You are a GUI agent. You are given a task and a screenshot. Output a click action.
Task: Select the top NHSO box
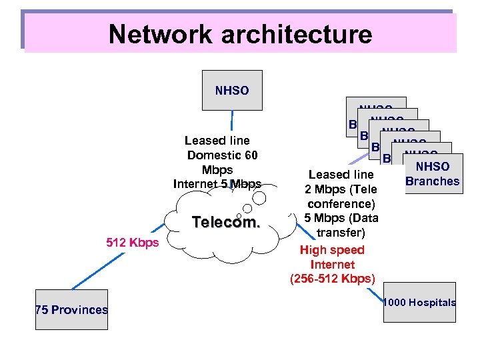(x=232, y=90)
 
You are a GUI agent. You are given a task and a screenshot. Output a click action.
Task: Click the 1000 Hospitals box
(x=419, y=303)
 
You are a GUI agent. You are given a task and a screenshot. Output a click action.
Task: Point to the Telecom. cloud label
(x=226, y=223)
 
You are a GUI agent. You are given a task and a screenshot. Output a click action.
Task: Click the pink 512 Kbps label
(x=133, y=242)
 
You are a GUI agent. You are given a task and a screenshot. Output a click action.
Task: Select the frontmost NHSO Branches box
(x=432, y=174)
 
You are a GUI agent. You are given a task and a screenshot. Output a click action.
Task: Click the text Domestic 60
(x=222, y=155)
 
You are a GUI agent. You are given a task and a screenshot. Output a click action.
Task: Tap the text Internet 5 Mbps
(x=217, y=184)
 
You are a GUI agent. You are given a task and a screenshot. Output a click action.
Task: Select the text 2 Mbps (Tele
(x=341, y=189)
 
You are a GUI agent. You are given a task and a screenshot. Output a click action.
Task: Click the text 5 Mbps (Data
(x=341, y=218)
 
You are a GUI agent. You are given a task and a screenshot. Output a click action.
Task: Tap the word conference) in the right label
(x=341, y=203)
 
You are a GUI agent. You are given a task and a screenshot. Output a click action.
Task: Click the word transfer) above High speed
(x=341, y=233)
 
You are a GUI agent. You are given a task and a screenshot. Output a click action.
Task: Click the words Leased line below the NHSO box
(x=217, y=141)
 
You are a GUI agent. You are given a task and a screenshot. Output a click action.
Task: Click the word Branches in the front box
(x=433, y=181)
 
